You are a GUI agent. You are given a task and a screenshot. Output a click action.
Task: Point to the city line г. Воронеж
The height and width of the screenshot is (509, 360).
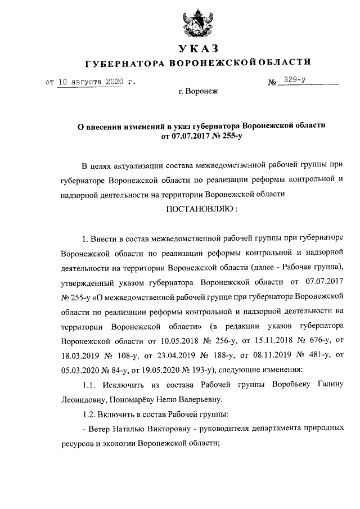pos(197,90)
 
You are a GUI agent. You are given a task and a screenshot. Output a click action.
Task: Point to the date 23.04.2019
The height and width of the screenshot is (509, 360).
pos(166,355)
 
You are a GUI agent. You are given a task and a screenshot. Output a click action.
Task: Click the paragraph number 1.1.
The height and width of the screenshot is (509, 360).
pos(89,384)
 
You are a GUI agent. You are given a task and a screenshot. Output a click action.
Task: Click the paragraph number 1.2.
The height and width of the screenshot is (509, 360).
pos(89,414)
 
